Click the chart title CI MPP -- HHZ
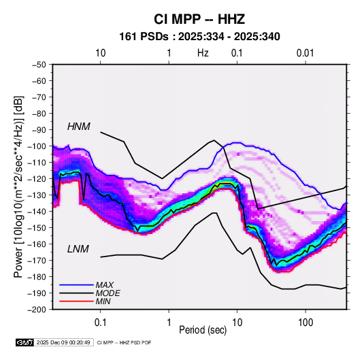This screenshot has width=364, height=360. pyautogui.click(x=199, y=19)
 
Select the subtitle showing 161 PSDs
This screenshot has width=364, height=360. pyautogui.click(x=199, y=37)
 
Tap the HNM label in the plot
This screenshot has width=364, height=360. pyautogui.click(x=79, y=127)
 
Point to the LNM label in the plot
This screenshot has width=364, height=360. pyautogui.click(x=78, y=249)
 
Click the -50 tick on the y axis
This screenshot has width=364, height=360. pyautogui.click(x=39, y=65)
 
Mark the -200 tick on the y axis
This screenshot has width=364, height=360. pyautogui.click(x=37, y=310)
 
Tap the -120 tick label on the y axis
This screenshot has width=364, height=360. pyautogui.click(x=37, y=179)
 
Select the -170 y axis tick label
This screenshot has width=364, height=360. pyautogui.click(x=37, y=261)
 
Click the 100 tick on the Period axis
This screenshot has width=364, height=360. pyautogui.click(x=305, y=323)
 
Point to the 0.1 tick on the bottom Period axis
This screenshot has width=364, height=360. pyautogui.click(x=100, y=323)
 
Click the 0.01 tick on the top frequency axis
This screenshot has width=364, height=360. pyautogui.click(x=305, y=53)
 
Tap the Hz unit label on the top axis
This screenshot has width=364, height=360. pyautogui.click(x=203, y=53)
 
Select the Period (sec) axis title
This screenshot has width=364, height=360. pyautogui.click(x=203, y=330)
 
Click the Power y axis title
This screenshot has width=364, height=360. pyautogui.click(x=18, y=186)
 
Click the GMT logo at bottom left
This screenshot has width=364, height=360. pyautogui.click(x=25, y=342)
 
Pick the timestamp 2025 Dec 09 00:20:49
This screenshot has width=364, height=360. pyautogui.click(x=63, y=342)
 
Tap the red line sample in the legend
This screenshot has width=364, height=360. pyautogui.click(x=76, y=301)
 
